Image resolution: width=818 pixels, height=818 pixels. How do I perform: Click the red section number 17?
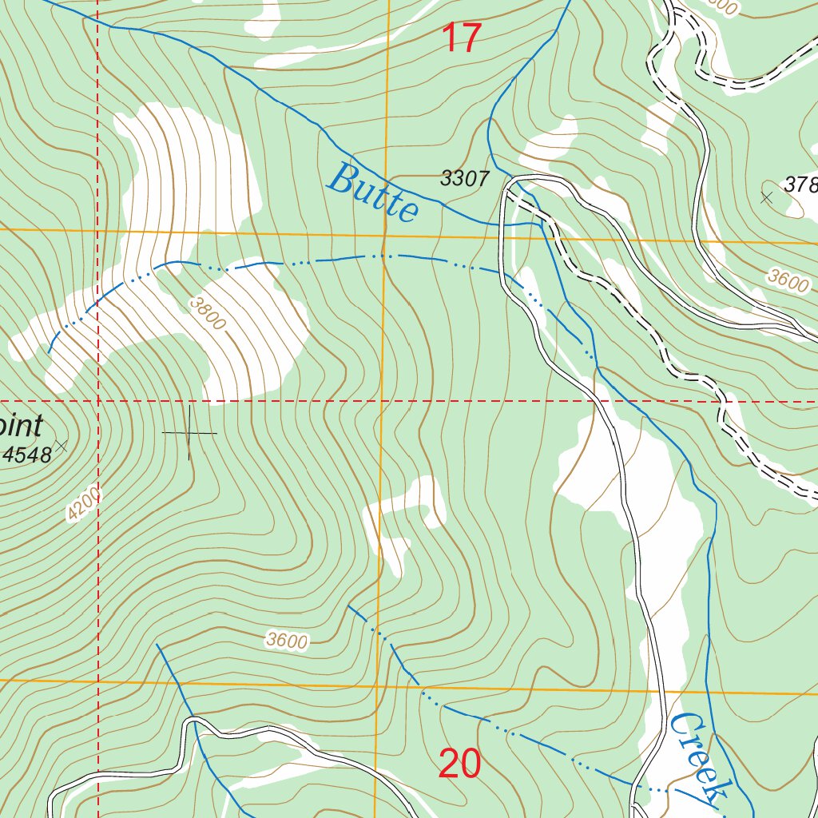pyautogui.click(x=462, y=38)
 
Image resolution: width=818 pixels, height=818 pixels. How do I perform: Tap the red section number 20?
pyautogui.click(x=459, y=764)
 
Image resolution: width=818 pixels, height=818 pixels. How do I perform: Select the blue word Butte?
pyautogui.click(x=373, y=192)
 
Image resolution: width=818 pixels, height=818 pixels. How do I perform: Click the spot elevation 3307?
pyautogui.click(x=464, y=179)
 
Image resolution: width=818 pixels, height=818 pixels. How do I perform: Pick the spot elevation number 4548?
pyautogui.click(x=27, y=455)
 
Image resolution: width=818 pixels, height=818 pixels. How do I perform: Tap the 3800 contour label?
pyautogui.click(x=208, y=312)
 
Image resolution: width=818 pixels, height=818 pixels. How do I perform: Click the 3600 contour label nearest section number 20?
pyautogui.click(x=287, y=641)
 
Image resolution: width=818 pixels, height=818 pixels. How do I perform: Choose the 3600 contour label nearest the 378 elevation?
pyautogui.click(x=788, y=281)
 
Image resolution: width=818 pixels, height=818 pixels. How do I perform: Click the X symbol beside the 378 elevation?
pyautogui.click(x=767, y=197)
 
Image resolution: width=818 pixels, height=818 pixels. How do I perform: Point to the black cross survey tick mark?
pyautogui.click(x=189, y=433)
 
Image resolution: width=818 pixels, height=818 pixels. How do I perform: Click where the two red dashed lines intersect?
pyautogui.click(x=97, y=401)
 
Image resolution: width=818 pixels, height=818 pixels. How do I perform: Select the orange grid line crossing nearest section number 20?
pyautogui.click(x=378, y=685)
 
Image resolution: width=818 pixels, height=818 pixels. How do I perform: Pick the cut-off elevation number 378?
pyautogui.click(x=800, y=185)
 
